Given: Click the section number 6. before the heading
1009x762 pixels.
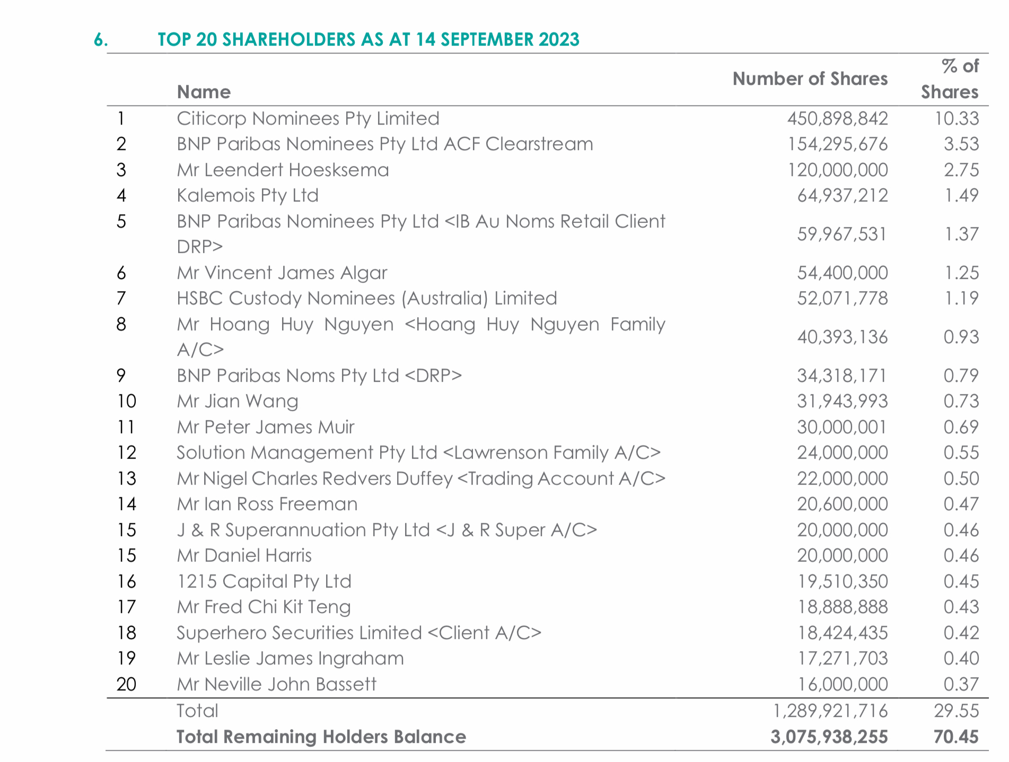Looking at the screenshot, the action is [x=101, y=40].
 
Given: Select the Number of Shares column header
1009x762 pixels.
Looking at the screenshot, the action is [x=810, y=79].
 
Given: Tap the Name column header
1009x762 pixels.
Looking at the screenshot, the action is [x=204, y=92].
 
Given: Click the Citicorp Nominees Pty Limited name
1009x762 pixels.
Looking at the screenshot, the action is [x=308, y=119].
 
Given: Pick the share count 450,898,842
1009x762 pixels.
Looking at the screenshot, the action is [x=837, y=118].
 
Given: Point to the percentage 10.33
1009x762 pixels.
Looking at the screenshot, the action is [x=957, y=118].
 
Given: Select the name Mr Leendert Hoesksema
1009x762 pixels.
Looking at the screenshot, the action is [x=283, y=170].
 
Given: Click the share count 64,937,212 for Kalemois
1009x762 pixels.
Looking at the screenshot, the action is [x=843, y=196].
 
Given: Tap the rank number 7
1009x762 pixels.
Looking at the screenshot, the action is [x=121, y=299].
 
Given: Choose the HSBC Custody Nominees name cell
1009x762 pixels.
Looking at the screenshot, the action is [x=367, y=299].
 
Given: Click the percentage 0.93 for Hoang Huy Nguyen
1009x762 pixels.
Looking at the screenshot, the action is [x=961, y=337].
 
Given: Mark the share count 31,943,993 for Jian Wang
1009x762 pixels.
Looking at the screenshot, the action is [x=843, y=401].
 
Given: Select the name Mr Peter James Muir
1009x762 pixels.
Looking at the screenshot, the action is [x=266, y=427].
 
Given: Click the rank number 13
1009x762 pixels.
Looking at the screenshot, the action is [x=127, y=479].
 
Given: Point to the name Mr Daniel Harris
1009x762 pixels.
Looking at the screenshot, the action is [x=244, y=556].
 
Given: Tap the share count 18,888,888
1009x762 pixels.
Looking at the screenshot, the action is [x=843, y=607].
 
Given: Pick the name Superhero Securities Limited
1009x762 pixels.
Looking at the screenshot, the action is [x=299, y=633].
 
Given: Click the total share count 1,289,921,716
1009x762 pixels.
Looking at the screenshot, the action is [x=830, y=711].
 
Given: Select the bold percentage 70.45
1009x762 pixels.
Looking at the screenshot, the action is [x=956, y=737].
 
